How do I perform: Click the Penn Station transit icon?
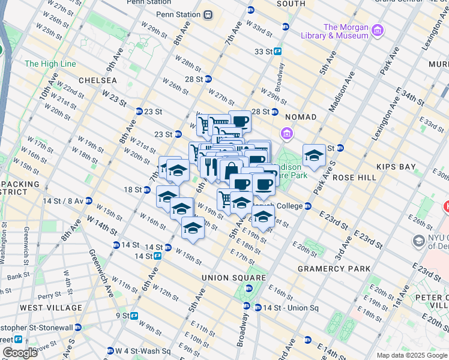click(208, 14)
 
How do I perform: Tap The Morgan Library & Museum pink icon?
click(378, 31)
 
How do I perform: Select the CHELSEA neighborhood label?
click(97, 80)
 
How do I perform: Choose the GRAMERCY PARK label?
click(334, 269)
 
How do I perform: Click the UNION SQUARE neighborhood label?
click(234, 278)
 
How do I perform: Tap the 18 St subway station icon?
click(146, 190)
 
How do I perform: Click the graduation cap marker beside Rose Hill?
click(313, 157)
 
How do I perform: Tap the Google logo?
click(20, 352)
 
